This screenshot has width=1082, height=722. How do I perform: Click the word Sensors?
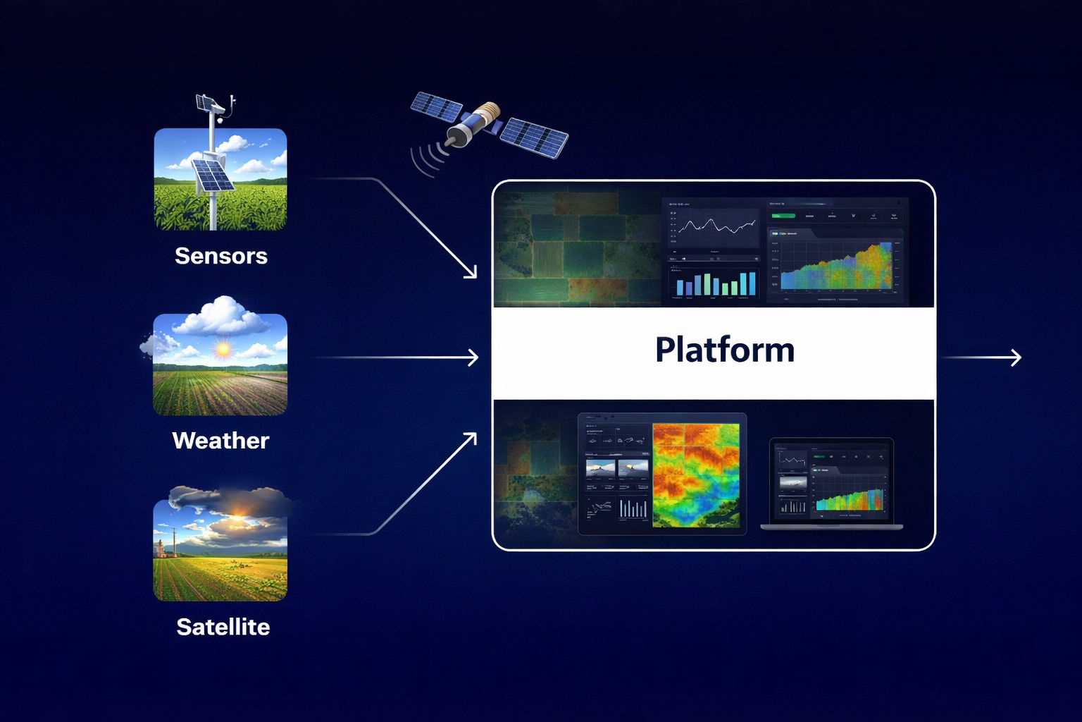coord(220,256)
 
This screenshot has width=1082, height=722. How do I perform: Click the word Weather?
coord(220,441)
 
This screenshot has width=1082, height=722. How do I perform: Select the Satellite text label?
coord(223,627)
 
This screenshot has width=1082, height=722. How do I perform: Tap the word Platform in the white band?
coord(724,350)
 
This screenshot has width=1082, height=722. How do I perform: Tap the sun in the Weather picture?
coord(223,349)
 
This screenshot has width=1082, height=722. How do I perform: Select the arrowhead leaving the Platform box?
coord(1016,357)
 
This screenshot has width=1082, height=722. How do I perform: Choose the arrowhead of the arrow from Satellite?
coord(471,439)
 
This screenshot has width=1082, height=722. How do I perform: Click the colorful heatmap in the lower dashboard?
coord(696,475)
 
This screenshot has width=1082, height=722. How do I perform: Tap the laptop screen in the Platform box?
coord(831,481)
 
